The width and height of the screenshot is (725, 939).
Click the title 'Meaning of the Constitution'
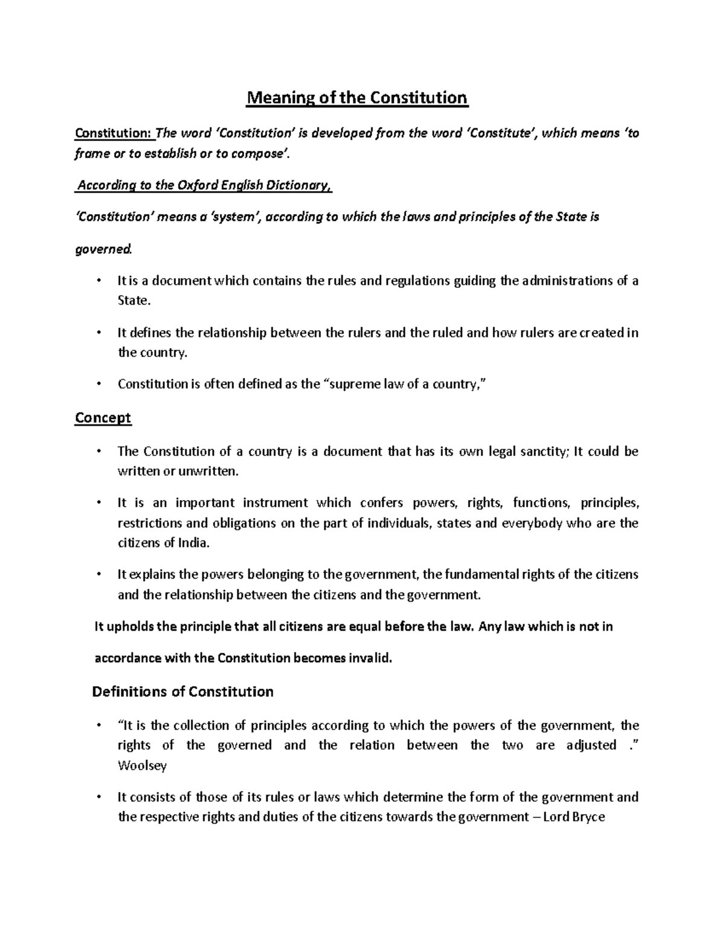point(356,98)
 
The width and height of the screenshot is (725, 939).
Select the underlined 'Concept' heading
point(103,418)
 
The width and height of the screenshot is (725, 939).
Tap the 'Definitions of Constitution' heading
point(182,692)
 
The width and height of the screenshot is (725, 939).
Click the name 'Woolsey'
point(142,765)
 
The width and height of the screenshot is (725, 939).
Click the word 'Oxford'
point(198,186)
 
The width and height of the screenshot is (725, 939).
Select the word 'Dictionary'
point(297,186)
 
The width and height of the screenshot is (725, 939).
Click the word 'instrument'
point(275,503)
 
